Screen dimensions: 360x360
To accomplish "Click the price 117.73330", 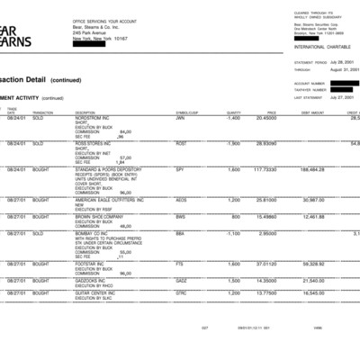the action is coord(265,168).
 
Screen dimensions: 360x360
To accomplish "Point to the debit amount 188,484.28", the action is coord(310,168).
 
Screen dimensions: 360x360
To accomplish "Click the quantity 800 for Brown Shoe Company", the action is coord(236,216).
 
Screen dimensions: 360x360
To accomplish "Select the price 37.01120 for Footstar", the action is coord(265,264).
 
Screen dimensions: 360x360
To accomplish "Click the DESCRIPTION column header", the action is coord(87,112).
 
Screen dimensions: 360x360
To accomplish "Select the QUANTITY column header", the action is coord(234,112).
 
